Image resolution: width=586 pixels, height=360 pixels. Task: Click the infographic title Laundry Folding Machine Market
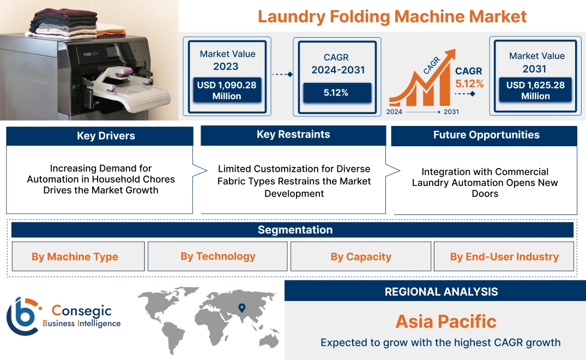pos(392,16)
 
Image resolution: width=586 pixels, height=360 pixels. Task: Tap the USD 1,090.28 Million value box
pos(226,90)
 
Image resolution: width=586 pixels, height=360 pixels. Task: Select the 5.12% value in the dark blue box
pos(336,93)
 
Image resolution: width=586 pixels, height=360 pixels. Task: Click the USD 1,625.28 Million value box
pos(535,90)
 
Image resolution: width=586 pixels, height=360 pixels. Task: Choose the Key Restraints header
pos(293,135)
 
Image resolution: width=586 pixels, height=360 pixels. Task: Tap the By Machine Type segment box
pos(75,256)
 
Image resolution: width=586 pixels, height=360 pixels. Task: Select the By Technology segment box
pos(218,256)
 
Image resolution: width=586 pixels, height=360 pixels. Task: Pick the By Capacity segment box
pos(361,256)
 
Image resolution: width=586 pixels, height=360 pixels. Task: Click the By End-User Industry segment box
pos(504,256)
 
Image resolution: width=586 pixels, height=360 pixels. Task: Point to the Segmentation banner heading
pos(295,230)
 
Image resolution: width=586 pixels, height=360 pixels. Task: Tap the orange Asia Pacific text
pos(446,321)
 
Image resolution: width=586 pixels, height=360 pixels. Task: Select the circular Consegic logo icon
pos(22,316)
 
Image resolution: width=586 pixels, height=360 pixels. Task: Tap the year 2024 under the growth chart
pos(395,112)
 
